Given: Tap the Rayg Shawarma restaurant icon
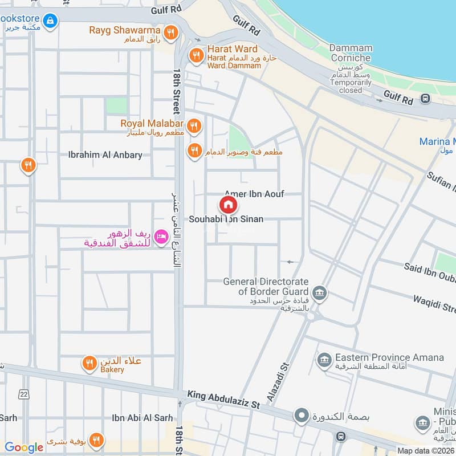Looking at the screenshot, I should (169, 32).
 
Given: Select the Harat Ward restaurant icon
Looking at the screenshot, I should (196, 55).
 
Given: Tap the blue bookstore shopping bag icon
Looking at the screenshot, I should (51, 21).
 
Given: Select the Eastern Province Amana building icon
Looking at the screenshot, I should (324, 360).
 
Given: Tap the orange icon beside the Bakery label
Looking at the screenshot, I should (89, 363).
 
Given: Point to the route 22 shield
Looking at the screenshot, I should (23, 394).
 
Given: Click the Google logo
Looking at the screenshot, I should (23, 447).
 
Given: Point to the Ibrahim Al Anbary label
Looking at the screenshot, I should (105, 155).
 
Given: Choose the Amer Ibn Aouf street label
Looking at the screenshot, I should (254, 194).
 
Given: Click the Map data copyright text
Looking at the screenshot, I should (425, 450).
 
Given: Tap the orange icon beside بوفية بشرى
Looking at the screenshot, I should (96, 440).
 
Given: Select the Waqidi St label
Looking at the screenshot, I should (434, 304).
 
